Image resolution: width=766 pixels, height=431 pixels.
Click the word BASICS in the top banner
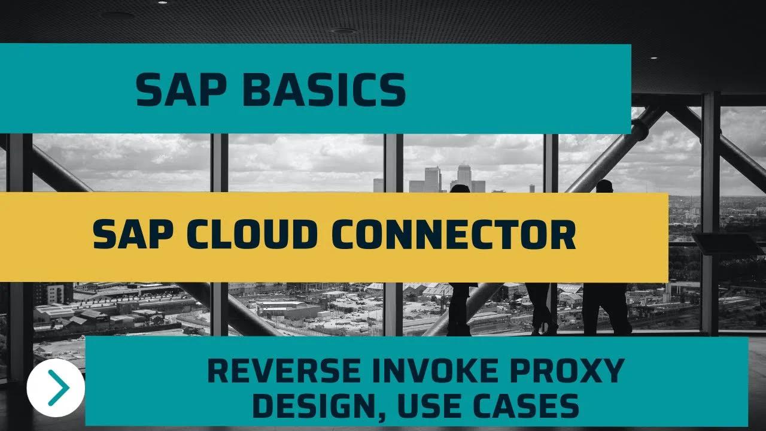point(324,89)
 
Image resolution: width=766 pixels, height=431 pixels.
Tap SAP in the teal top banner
point(181,89)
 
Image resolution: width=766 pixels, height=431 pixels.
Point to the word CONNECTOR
point(454,234)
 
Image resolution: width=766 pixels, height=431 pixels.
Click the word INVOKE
point(435,371)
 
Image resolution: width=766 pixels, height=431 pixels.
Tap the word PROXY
point(567,371)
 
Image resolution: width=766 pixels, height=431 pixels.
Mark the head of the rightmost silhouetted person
point(604,186)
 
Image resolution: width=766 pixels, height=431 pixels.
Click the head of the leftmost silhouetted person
point(460,189)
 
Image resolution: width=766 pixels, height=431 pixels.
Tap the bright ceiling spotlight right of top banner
point(653,58)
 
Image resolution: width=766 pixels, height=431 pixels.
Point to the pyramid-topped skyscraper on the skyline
point(464,178)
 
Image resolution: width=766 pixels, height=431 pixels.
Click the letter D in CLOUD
point(302,234)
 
